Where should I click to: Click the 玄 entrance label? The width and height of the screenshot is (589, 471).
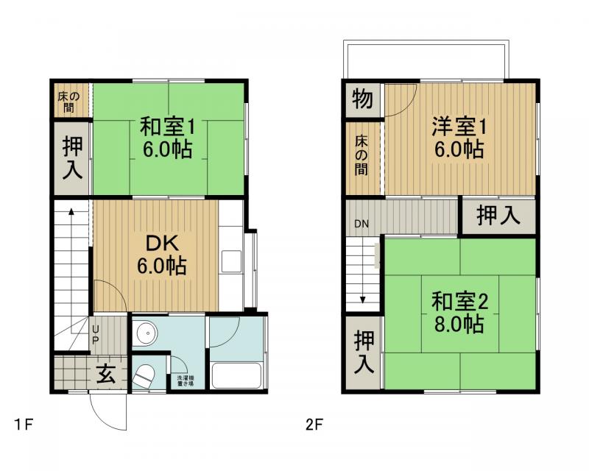(x=105, y=374)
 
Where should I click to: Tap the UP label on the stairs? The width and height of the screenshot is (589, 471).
(x=95, y=336)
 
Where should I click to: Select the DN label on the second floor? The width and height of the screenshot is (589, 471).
(x=361, y=224)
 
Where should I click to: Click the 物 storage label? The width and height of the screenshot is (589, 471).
(x=361, y=99)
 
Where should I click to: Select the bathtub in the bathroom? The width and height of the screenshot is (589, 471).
(x=236, y=376)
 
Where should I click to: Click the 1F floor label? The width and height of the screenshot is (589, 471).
(x=23, y=425)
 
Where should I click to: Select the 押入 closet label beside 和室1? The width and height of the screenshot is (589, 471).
(x=71, y=157)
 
